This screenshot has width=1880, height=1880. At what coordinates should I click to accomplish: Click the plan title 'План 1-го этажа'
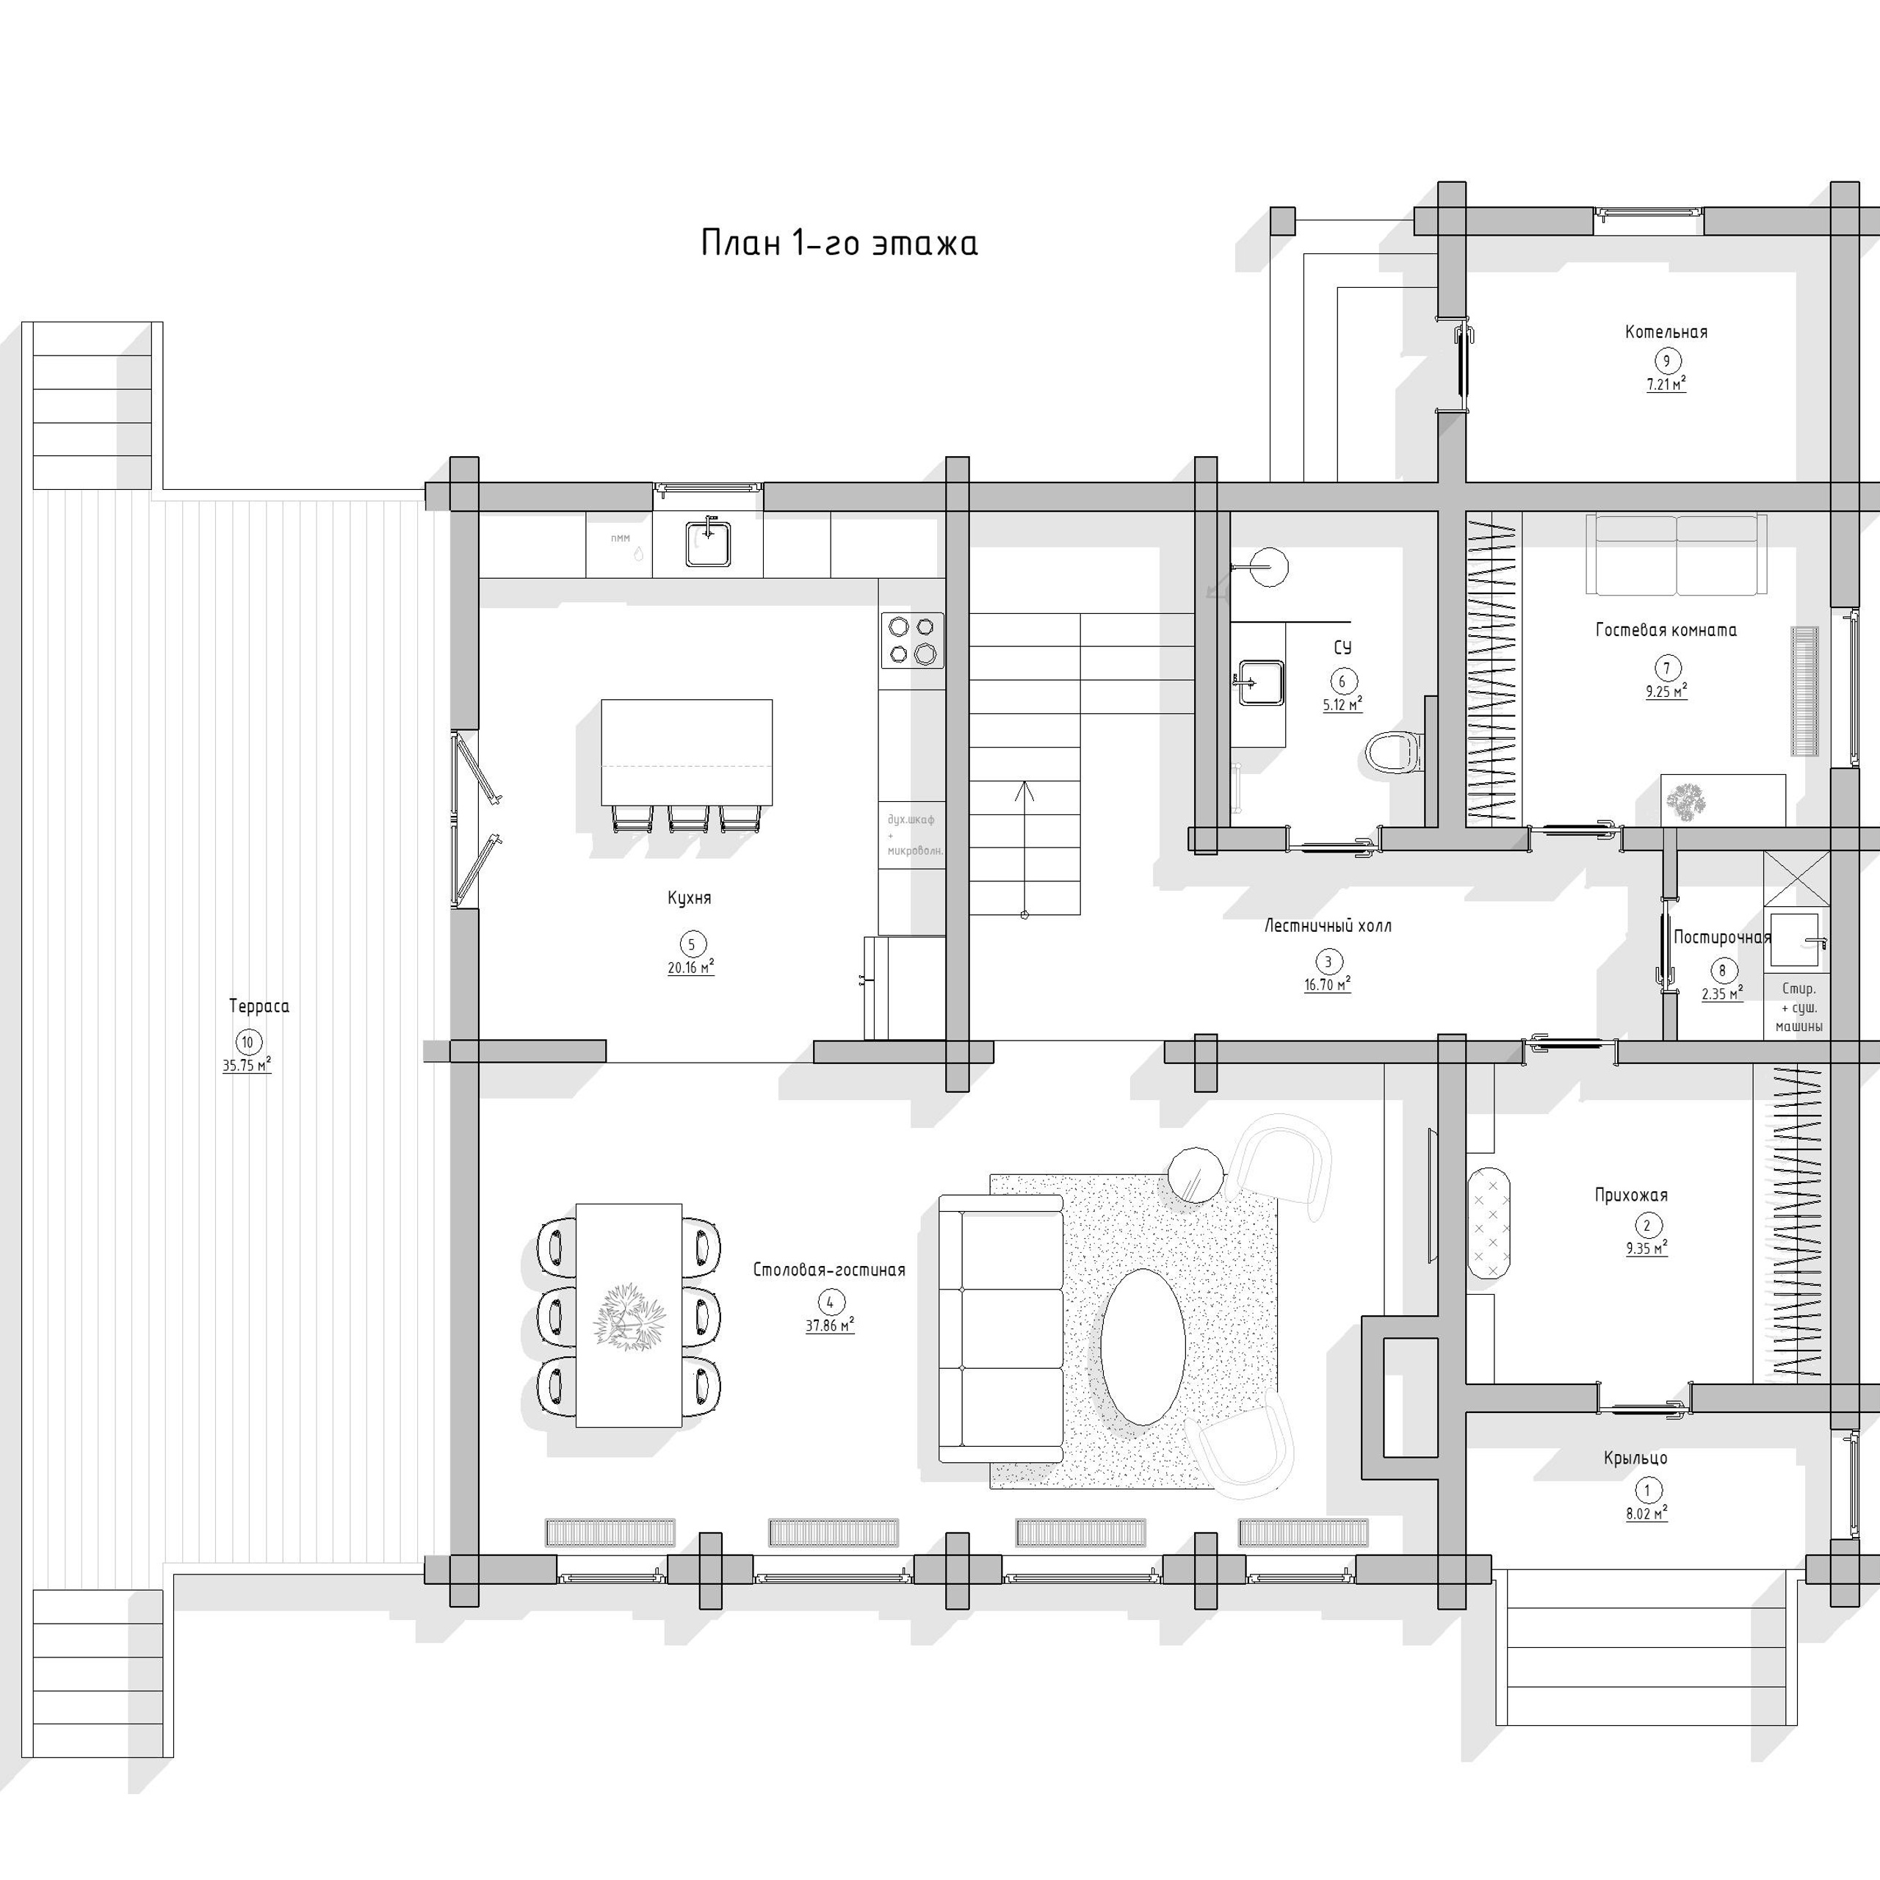point(839,243)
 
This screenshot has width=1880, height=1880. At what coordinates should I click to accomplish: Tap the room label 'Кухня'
point(689,897)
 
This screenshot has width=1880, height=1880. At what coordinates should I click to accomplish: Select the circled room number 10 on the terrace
point(247,1042)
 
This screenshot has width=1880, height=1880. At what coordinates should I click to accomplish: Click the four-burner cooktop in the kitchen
point(912,640)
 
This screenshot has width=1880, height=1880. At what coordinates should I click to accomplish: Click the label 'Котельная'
point(1666,332)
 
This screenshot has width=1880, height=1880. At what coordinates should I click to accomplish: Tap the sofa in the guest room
point(1676,554)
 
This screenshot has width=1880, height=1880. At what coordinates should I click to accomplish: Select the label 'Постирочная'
point(1721,937)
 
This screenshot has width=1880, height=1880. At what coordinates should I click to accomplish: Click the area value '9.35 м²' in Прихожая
point(1646,1248)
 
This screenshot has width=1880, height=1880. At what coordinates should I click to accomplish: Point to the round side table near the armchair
point(1195,1174)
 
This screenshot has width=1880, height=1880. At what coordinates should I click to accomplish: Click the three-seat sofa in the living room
point(1001,1330)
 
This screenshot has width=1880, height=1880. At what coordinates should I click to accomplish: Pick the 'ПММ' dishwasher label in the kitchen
point(620,538)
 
